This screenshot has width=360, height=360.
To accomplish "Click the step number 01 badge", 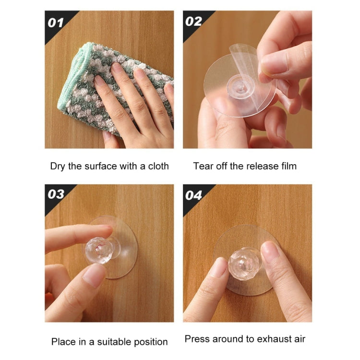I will pyautogui.click(x=56, y=22).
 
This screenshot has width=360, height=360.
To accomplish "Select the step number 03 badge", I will pyautogui.click(x=56, y=194).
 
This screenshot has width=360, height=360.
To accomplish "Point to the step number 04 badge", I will pyautogui.click(x=194, y=196).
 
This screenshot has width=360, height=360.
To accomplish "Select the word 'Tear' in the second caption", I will pyautogui.click(x=203, y=166).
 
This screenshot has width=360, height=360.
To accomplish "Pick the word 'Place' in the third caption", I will pyautogui.click(x=63, y=342).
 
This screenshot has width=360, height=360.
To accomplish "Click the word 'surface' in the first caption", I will pyautogui.click(x=99, y=166).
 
